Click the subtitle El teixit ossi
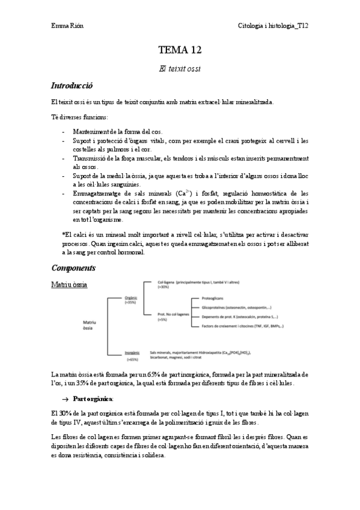[x=180, y=69]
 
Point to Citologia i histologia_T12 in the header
[x=273, y=26]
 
